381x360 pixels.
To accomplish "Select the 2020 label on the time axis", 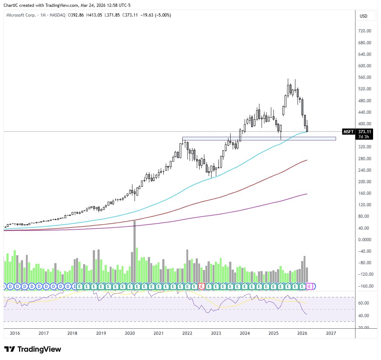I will coord(130,333).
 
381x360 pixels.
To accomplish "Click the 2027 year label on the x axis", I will coord(331,333).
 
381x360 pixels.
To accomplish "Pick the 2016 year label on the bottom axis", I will coord(15,333).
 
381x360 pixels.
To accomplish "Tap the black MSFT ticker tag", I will coord(348,132).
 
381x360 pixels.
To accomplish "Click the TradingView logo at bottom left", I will coord(33,349).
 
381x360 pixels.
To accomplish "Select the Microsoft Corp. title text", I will coord(21,15).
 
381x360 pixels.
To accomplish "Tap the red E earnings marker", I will coord(201,287).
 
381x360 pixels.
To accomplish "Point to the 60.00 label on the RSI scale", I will coord(364,303).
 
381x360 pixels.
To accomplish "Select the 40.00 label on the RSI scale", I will coord(364,316).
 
